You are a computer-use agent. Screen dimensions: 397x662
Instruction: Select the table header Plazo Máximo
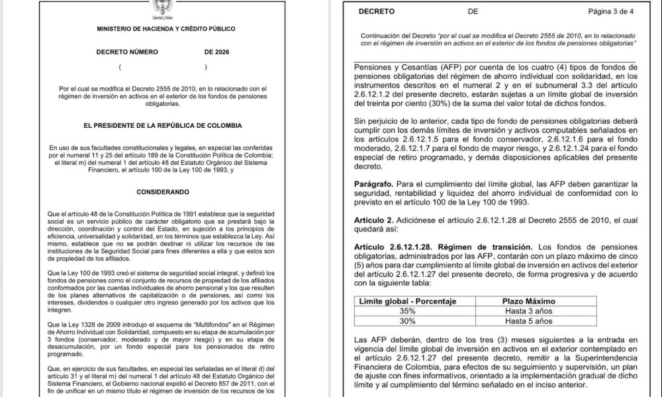[x=529, y=301]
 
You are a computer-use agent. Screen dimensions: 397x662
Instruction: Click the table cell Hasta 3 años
[x=528, y=311]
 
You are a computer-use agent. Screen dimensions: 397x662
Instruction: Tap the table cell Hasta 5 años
[x=528, y=321]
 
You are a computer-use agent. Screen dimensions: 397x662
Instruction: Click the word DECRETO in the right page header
[x=377, y=11]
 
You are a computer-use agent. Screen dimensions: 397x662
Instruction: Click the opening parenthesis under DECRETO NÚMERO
[x=119, y=67]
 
